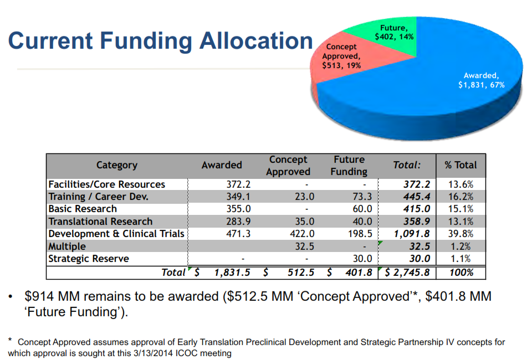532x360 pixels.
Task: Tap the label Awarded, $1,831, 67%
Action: click(480, 80)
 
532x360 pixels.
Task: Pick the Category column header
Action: click(116, 164)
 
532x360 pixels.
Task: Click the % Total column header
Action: click(460, 164)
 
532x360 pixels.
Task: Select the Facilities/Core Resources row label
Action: click(106, 184)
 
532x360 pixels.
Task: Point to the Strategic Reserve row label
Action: click(89, 259)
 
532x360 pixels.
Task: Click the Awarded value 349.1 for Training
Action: click(239, 197)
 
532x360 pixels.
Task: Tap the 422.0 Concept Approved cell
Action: click(303, 234)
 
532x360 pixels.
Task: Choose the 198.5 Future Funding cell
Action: click(360, 234)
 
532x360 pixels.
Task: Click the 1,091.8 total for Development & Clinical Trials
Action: click(412, 234)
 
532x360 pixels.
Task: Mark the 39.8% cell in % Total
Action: click(460, 234)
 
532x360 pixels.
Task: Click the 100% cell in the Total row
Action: click(462, 272)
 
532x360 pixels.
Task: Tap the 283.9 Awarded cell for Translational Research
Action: click(239, 222)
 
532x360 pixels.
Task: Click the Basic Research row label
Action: click(83, 209)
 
